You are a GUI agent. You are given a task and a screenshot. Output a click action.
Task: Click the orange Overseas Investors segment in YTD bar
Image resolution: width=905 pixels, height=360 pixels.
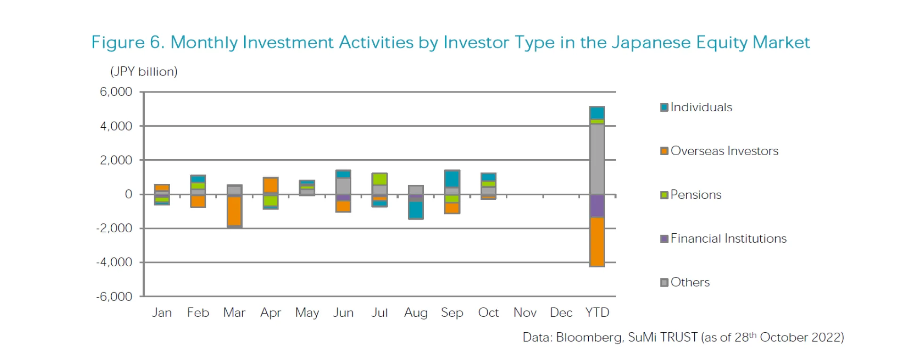click(597, 242)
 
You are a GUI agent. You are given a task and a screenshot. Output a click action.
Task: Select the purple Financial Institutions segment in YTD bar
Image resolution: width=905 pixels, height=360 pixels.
click(597, 205)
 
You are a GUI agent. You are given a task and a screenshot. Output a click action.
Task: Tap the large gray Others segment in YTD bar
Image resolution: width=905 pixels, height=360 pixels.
click(597, 159)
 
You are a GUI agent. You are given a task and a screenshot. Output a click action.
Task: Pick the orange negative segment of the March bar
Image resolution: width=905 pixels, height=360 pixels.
click(234, 211)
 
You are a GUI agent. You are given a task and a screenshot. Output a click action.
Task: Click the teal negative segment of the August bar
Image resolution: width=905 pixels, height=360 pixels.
click(416, 210)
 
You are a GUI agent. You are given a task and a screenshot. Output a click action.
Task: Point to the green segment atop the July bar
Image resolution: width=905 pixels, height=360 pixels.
click(379, 179)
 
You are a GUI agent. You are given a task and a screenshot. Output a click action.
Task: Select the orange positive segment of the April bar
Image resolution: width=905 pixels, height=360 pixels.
click(271, 185)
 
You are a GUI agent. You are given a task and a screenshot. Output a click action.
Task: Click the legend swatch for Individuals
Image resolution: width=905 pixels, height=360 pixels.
click(665, 107)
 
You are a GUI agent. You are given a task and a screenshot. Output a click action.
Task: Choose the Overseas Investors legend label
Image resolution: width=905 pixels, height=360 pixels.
click(724, 151)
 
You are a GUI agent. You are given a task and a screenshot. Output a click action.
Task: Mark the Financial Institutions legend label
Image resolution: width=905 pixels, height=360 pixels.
click(728, 239)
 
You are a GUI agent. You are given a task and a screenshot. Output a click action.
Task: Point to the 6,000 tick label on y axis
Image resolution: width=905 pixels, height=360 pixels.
click(116, 92)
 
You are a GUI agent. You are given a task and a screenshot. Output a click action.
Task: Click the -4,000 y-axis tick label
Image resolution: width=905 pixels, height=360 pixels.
click(115, 262)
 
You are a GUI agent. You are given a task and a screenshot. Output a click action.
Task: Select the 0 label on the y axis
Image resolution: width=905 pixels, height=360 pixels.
click(128, 194)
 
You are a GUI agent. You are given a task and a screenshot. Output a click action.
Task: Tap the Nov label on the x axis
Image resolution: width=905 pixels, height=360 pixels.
click(525, 313)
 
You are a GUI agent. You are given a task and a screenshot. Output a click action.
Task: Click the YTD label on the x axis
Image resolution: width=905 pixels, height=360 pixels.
click(597, 313)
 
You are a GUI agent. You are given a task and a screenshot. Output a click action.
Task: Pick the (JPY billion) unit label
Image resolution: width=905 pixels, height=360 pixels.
click(144, 72)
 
